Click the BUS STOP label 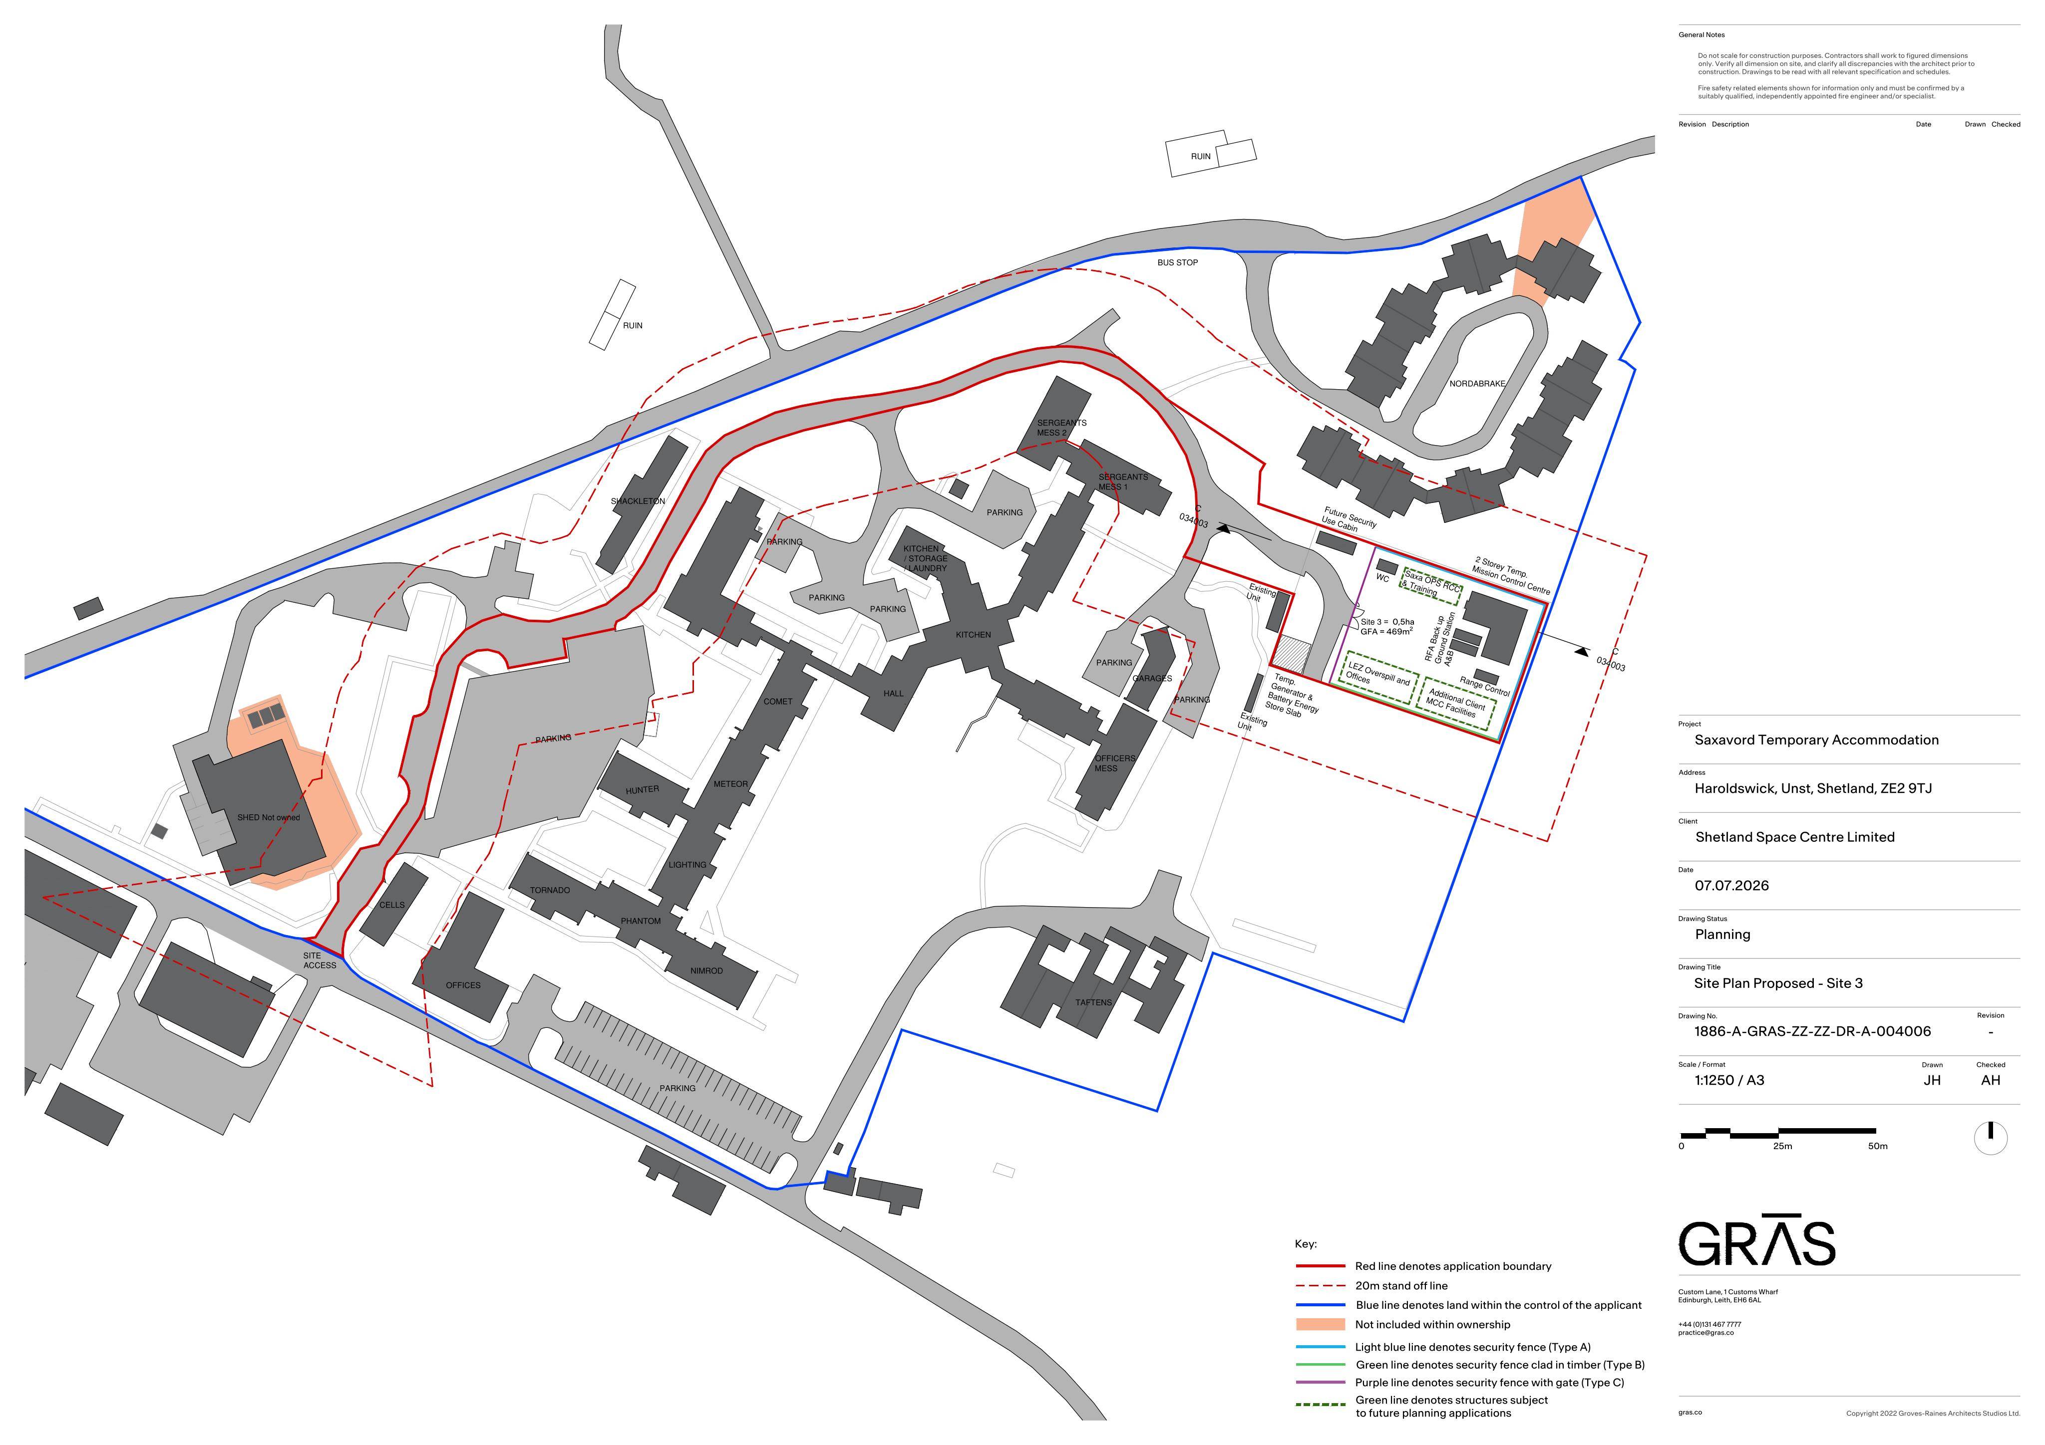(x=1177, y=262)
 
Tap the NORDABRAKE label (x=1477, y=384)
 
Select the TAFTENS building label (x=1093, y=1002)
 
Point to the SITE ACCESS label (x=320, y=961)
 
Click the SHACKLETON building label (x=638, y=501)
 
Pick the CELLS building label (x=392, y=905)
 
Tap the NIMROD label (x=706, y=970)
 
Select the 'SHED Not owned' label (x=268, y=817)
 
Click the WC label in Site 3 (x=1382, y=579)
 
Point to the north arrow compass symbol (x=1991, y=1138)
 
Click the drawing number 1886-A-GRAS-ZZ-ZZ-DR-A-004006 (x=1812, y=1032)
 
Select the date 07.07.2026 (x=1731, y=886)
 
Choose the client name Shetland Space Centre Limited (x=1795, y=837)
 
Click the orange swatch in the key (x=1320, y=1325)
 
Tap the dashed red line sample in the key (x=1320, y=1286)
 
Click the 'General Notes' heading (x=1701, y=35)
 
